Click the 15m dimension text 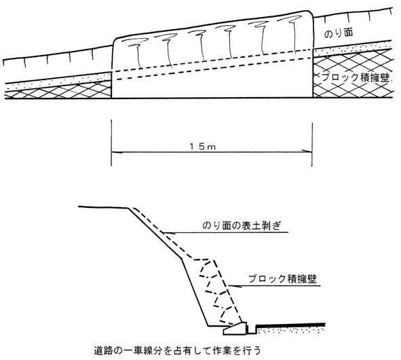[203, 147]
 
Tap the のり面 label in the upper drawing [339, 33]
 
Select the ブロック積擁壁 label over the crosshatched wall [356, 77]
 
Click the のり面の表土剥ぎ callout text [242, 226]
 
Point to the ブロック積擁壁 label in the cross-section [282, 278]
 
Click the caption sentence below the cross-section [177, 350]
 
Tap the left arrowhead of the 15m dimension [117, 152]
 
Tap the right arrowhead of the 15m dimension [307, 151]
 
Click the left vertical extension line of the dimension [111, 143]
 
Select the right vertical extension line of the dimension [312, 145]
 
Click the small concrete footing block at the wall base [235, 329]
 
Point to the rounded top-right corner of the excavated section [310, 13]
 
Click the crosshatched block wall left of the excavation [58, 90]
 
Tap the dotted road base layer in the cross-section [291, 330]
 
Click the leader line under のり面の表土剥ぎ [226, 233]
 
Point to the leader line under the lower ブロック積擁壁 [274, 285]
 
